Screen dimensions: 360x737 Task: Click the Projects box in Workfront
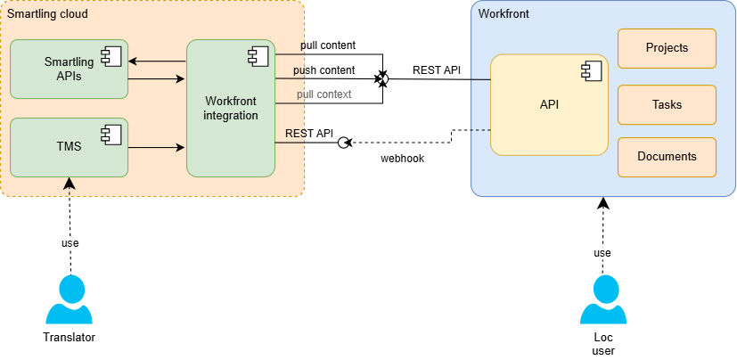click(667, 48)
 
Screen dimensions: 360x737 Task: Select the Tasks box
click(667, 104)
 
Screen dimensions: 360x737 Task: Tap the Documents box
click(667, 157)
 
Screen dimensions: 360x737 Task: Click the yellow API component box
click(549, 104)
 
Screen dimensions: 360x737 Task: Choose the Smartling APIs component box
click(69, 70)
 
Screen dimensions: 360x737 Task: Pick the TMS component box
click(69, 147)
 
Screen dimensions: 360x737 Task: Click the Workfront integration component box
click(230, 108)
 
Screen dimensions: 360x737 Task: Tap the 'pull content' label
click(328, 45)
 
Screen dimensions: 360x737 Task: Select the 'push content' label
click(324, 70)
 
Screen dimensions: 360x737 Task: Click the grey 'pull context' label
click(323, 94)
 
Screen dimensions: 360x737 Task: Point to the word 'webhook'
click(402, 159)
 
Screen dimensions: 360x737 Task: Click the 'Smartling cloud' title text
click(47, 15)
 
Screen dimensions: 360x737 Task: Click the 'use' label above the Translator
click(70, 243)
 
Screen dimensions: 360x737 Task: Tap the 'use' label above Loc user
click(603, 253)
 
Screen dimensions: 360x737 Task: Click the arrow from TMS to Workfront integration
click(157, 148)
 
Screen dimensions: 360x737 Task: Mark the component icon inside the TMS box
click(112, 134)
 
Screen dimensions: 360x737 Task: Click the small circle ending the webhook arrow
click(341, 143)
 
